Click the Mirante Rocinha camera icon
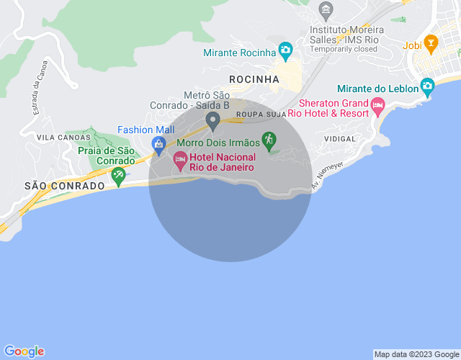click(285, 50)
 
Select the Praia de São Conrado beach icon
click(118, 174)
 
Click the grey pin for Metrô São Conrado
click(212, 120)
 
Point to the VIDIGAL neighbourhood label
click(341, 138)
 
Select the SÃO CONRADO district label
click(64, 185)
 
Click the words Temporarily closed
click(344, 50)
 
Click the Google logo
click(23, 351)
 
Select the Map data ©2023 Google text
click(416, 354)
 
